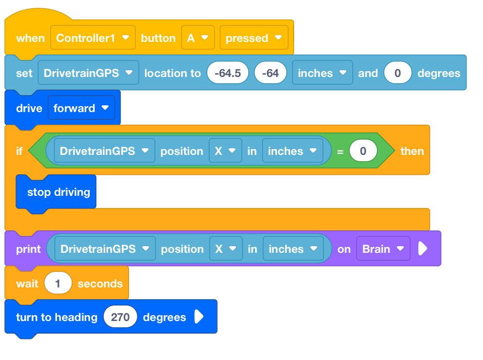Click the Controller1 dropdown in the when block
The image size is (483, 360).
[x=93, y=38]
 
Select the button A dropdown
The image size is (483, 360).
[x=198, y=38]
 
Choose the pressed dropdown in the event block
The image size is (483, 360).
[x=254, y=38]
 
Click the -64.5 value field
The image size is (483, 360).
[x=228, y=73]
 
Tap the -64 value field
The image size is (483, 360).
[x=270, y=73]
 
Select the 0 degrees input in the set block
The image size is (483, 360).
[x=398, y=73]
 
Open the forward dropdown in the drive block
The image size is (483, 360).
[x=81, y=108]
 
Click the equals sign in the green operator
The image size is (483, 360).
[x=340, y=152]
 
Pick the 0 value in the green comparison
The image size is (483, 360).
[x=363, y=151]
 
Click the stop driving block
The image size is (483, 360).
[x=56, y=192]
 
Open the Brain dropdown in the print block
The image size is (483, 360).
[x=383, y=248]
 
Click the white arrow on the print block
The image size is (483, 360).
[x=423, y=248]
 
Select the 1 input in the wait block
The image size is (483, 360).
[x=58, y=283]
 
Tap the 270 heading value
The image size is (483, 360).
[x=120, y=317]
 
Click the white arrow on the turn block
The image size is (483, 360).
[x=199, y=317]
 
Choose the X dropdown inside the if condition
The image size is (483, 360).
[x=225, y=151]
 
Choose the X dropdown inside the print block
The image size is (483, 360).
[x=226, y=248]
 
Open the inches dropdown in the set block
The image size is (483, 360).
[x=322, y=73]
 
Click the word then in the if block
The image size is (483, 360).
[x=412, y=151]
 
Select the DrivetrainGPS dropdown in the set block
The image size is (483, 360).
[x=88, y=73]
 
